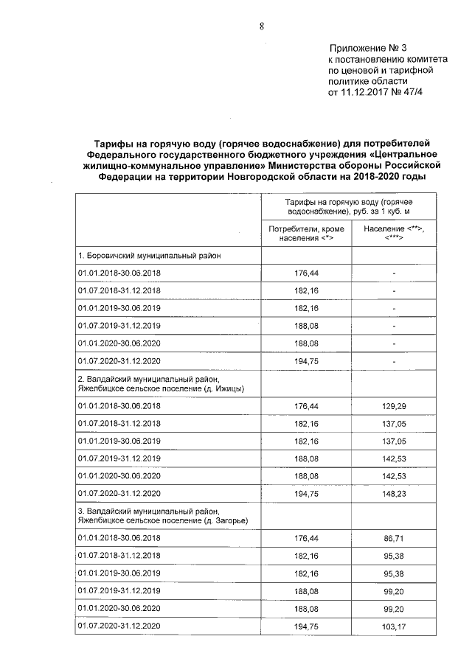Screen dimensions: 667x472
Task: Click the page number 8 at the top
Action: (261, 27)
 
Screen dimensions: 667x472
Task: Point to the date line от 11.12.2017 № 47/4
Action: (376, 93)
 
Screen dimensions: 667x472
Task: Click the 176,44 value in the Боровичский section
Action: (307, 273)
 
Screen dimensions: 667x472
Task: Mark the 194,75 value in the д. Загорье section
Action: (307, 626)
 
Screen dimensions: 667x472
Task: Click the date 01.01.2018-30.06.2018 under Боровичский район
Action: (119, 273)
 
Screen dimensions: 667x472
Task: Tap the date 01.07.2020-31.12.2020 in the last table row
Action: (119, 626)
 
